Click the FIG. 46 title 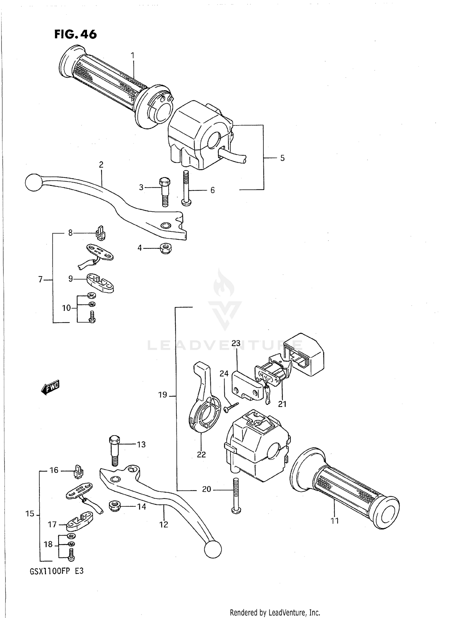click(x=76, y=34)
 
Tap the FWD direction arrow click(x=50, y=387)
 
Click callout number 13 click(x=141, y=445)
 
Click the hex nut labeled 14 click(x=115, y=507)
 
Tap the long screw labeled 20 click(x=236, y=497)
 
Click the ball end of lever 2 click(x=33, y=182)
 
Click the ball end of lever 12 click(x=213, y=550)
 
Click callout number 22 click(x=201, y=454)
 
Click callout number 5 click(x=282, y=158)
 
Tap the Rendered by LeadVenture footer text click(x=275, y=612)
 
